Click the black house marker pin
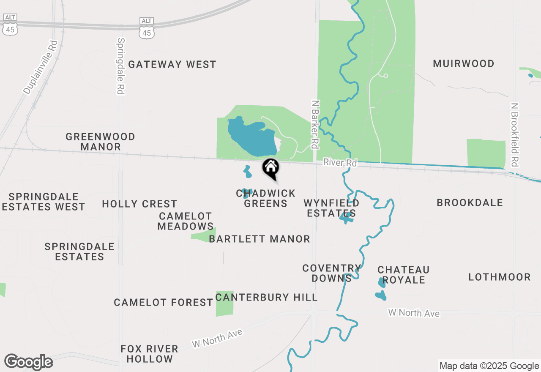point(270,168)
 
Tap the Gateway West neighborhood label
point(172,64)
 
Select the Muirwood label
point(464,63)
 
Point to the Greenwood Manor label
point(101,142)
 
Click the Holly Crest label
point(139,204)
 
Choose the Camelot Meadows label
point(186,221)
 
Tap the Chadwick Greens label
point(265,198)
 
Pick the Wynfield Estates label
point(331,208)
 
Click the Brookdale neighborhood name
point(470,202)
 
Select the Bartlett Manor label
point(260,239)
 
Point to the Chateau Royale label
point(403,275)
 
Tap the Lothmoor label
point(499,277)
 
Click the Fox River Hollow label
point(149,354)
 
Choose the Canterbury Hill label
point(266,297)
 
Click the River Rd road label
point(340,162)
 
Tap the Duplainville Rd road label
point(40,67)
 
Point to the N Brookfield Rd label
point(514,134)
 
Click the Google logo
point(28,362)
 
